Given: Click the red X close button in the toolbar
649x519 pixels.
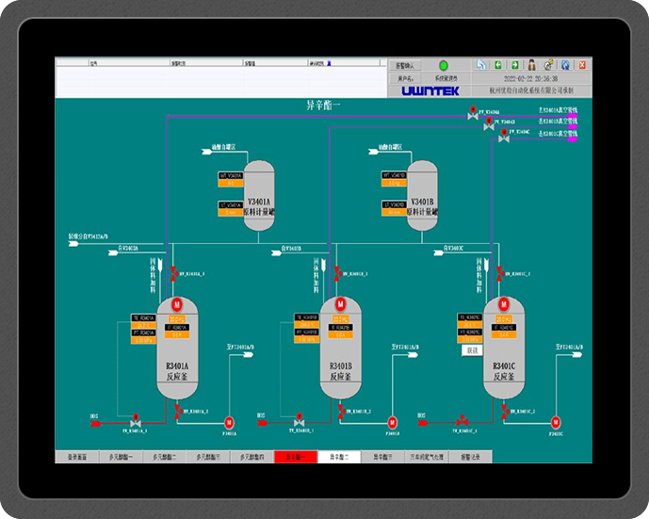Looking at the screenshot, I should click(x=582, y=65).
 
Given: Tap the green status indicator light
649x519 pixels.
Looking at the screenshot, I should click(x=443, y=66).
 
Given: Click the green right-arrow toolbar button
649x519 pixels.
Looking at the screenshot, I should click(x=514, y=65).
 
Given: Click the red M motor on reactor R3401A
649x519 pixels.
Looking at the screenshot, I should click(x=176, y=304).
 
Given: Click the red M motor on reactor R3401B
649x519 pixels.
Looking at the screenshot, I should click(x=340, y=304).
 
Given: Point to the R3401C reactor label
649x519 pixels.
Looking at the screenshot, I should click(x=504, y=370).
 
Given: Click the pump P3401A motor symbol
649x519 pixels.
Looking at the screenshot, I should click(x=229, y=421).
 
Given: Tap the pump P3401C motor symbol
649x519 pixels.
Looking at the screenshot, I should click(x=555, y=421).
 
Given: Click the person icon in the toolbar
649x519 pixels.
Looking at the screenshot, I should click(x=531, y=65).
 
